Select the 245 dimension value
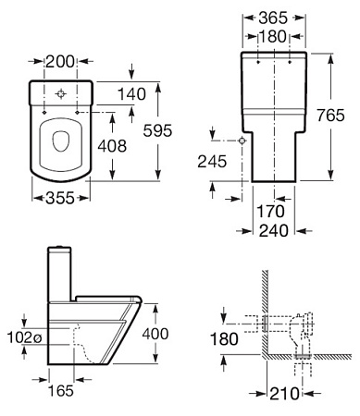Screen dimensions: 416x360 coord(211,160)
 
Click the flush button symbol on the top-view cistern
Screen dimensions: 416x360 coord(62,94)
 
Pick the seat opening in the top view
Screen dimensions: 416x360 coord(63,142)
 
